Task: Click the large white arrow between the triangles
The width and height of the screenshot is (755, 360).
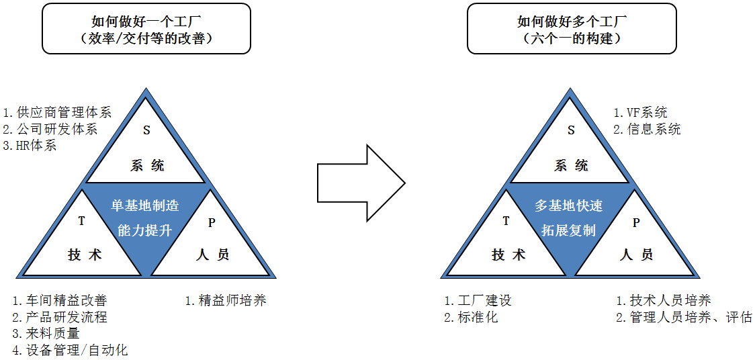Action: point(360,182)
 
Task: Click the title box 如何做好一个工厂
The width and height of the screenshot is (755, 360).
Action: point(146,29)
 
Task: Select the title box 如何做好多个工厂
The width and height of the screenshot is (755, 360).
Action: point(571,29)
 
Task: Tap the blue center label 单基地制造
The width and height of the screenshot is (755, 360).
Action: point(145,206)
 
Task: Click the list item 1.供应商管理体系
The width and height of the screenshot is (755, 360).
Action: point(57,112)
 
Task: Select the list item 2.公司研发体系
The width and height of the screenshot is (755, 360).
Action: point(50,128)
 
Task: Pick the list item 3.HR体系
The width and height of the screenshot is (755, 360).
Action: point(30,144)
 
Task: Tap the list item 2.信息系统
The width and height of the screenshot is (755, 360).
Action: point(647,129)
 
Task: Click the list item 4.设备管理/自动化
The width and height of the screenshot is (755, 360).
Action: point(70,350)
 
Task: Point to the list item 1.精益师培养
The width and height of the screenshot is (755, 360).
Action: point(226,300)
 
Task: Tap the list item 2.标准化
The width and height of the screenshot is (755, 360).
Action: point(471,317)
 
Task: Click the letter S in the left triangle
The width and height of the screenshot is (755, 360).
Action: point(146,131)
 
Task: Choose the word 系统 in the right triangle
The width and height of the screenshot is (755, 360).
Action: point(571,166)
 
